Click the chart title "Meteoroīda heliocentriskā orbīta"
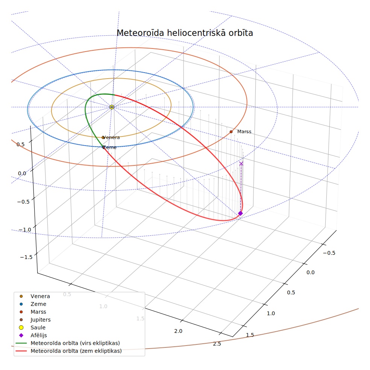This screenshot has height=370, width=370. tap(185, 33)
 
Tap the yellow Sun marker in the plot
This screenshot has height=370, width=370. tap(112, 107)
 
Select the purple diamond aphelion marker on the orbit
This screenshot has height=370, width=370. tap(240, 213)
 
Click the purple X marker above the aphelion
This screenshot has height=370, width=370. tap(241, 164)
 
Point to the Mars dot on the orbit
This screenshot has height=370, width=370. tap(231, 132)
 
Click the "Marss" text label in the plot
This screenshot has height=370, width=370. tap(244, 132)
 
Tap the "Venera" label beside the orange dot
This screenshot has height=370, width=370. tap(111, 137)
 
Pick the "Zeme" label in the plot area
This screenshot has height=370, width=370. tap(109, 147)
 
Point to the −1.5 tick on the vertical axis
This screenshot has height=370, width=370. tap(26, 257)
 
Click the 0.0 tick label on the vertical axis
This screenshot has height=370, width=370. tap(22, 173)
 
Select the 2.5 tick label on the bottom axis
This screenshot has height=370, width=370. tap(217, 344)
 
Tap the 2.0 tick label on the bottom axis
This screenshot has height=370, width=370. tap(178, 331)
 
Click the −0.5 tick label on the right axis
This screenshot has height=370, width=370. tap(329, 253)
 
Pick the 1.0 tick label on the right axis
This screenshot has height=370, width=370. tap(271, 313)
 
